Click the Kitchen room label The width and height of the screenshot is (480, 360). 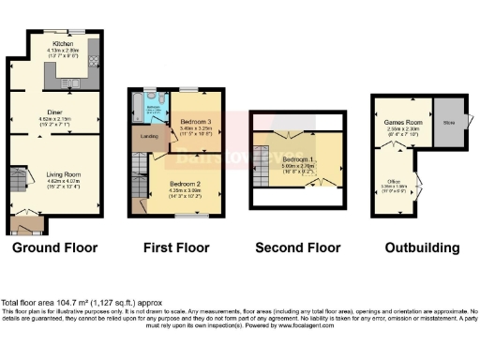coord(63,43)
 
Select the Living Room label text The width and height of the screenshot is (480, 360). coord(65,174)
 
